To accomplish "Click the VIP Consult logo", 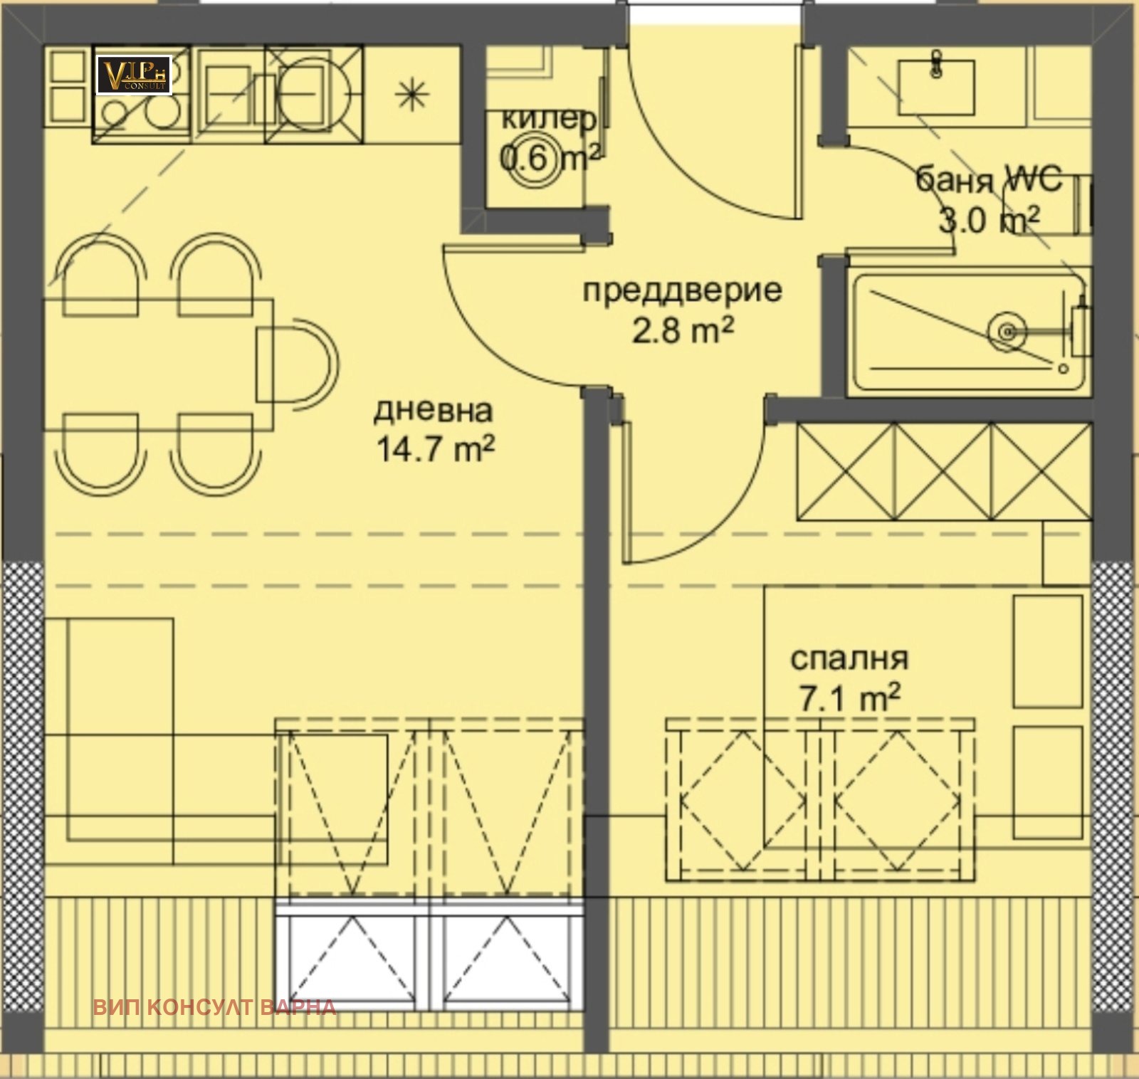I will click(134, 75).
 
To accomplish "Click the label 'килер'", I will click(548, 119).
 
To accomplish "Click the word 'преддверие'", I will click(682, 290).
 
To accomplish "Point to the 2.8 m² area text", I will click(682, 330).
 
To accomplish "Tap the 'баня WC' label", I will click(988, 179).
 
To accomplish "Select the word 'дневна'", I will click(433, 410).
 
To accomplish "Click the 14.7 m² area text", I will click(434, 449).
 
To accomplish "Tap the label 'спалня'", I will click(849, 658).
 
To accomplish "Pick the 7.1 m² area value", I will click(849, 698).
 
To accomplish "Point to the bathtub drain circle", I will click(1007, 331).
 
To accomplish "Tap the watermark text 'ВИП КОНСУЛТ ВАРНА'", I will click(214, 1007).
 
